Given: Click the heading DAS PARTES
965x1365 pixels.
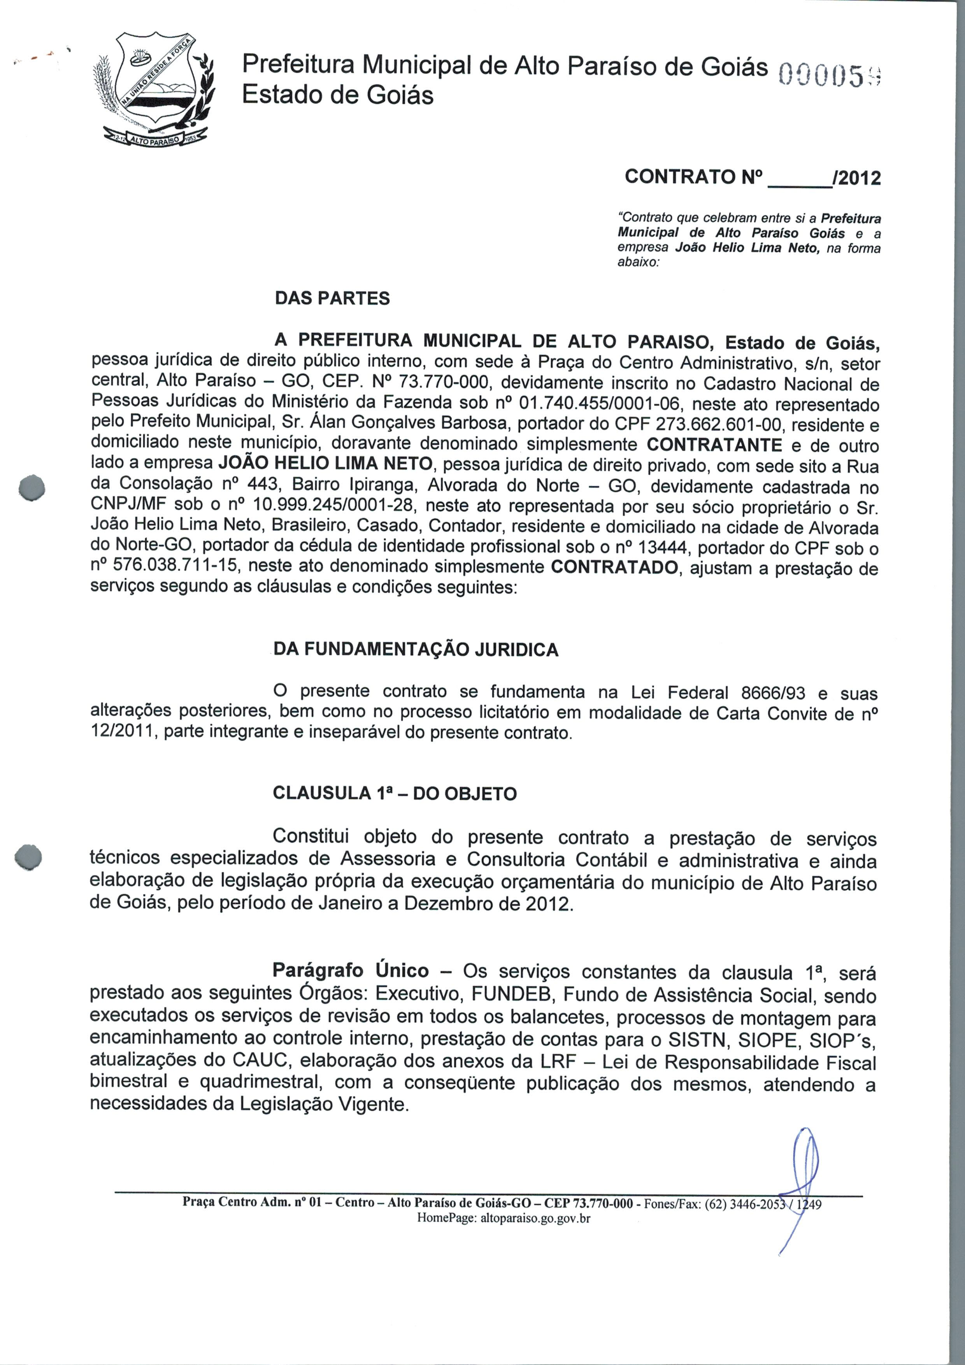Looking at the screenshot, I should point(332,298).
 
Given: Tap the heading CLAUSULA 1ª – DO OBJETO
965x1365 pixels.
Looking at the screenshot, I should point(395,793).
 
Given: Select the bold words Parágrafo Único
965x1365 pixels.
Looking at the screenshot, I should point(351,970).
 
